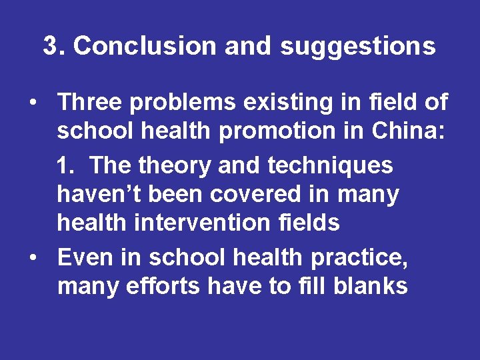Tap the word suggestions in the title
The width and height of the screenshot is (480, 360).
(357, 46)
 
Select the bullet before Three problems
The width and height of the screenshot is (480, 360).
(31, 103)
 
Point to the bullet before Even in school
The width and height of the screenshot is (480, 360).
(31, 257)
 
